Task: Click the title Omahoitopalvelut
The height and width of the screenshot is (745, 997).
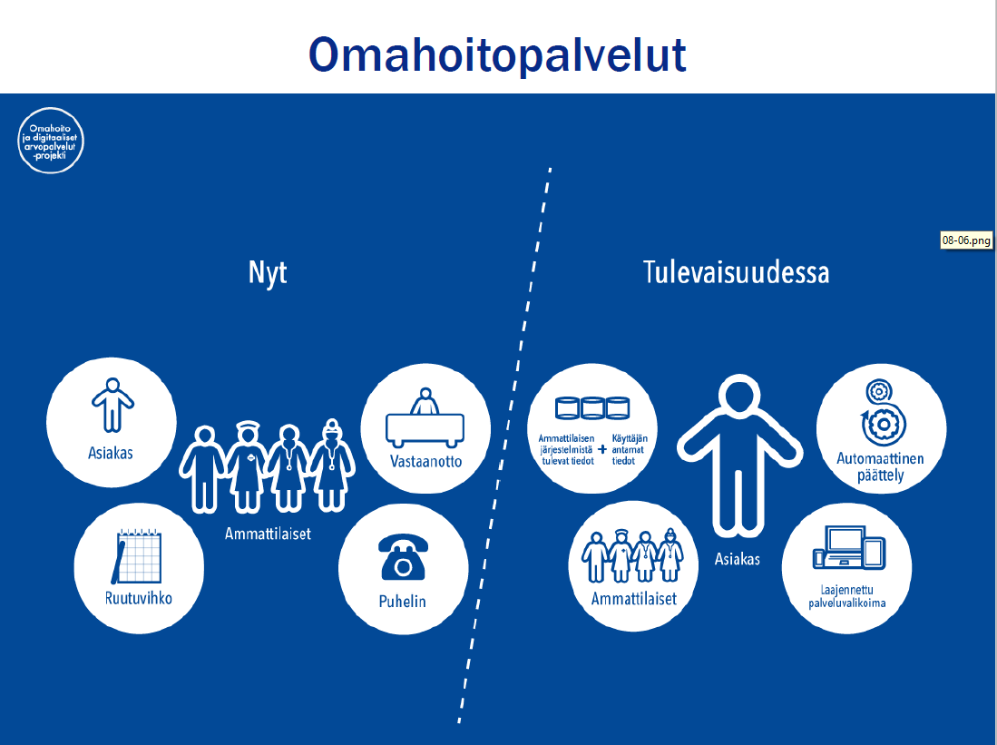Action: point(497,54)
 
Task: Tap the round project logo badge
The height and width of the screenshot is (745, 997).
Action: point(50,141)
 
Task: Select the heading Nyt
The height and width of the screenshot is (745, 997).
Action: point(268,273)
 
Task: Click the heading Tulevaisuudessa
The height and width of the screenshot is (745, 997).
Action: point(736,272)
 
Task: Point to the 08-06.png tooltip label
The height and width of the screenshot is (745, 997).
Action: point(966,240)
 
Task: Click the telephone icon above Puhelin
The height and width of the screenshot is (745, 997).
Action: point(403,556)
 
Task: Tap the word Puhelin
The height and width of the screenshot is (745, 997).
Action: point(403,602)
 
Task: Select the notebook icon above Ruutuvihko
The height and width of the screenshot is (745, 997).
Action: point(137,555)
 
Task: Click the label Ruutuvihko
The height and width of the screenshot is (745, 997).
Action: point(139,598)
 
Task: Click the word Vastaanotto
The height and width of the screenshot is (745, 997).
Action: point(426,461)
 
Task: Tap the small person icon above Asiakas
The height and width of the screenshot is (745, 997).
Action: point(112,406)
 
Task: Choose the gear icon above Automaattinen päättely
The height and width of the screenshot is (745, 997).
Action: point(881,413)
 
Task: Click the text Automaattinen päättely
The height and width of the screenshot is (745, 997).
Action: point(881,466)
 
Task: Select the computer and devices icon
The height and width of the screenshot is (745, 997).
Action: point(849,547)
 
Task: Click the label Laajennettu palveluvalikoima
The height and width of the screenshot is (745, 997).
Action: point(847,597)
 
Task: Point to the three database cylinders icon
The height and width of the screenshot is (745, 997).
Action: point(592,407)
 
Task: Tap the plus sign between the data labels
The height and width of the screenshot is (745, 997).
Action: point(602,449)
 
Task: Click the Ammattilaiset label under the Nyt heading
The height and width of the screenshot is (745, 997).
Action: point(268,534)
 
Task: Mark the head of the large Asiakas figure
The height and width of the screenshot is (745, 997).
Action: point(739,396)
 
